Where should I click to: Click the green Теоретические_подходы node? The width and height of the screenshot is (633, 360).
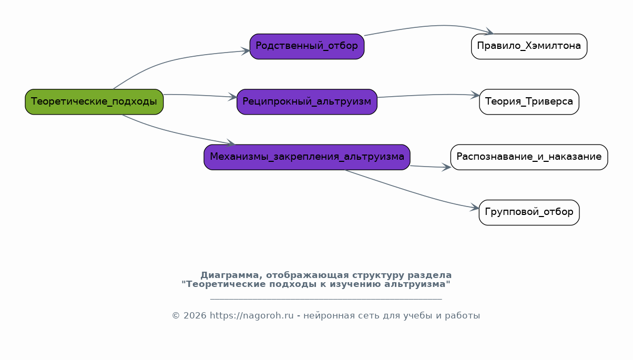point(94,102)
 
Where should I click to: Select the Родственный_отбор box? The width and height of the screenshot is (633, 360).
point(307,46)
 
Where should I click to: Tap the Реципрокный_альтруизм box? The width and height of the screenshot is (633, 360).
point(307,102)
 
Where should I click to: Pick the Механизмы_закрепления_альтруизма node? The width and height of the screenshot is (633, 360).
point(307,157)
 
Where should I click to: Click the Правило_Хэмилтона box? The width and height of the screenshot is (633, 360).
point(529,46)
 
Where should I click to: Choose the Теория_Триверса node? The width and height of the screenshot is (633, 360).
point(529,102)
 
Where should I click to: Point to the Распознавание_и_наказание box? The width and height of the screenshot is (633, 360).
point(529,157)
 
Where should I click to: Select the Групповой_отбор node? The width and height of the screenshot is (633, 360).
point(529,212)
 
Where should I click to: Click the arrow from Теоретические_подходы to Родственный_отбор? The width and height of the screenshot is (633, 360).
point(169,61)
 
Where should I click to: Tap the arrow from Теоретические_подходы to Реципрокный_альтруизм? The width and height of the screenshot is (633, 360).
point(201,96)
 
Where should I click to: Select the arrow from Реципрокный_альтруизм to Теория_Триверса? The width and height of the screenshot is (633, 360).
point(428,95)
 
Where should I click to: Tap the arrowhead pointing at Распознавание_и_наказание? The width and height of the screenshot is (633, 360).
point(446,167)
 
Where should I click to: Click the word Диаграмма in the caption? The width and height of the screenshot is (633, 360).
point(229,275)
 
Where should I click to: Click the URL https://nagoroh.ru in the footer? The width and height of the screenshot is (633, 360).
point(252,315)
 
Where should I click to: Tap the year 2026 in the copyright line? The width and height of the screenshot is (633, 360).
point(195,315)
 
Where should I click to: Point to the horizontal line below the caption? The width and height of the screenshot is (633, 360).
point(326,299)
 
